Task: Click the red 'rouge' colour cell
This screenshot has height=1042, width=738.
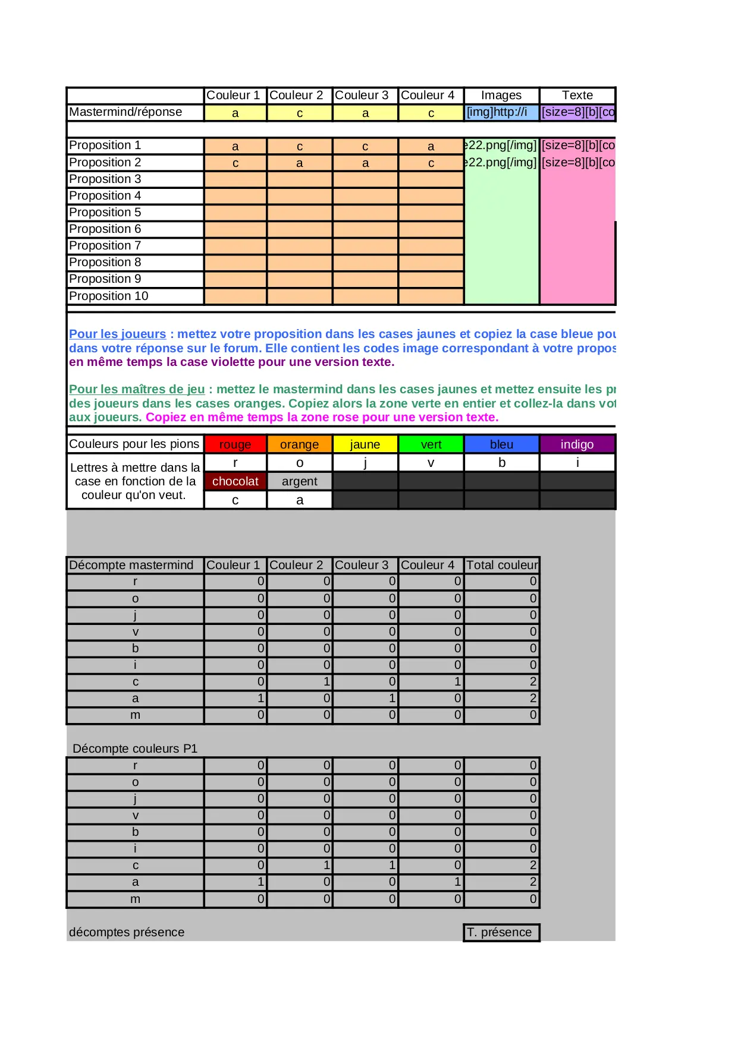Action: click(235, 444)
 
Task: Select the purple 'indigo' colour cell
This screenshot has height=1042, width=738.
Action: click(577, 444)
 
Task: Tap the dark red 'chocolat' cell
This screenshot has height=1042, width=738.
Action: click(235, 481)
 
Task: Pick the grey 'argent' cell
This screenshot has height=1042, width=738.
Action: click(299, 481)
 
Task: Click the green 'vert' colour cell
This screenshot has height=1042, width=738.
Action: click(431, 444)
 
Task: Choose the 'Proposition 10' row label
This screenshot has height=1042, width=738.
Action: click(109, 296)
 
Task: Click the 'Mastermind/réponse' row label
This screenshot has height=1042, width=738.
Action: click(125, 112)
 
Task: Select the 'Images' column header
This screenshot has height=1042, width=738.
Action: click(501, 96)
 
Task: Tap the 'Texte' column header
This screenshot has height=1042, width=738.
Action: click(577, 96)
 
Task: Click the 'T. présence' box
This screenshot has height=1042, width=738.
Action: click(501, 932)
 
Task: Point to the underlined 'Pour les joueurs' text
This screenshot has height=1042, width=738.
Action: click(117, 334)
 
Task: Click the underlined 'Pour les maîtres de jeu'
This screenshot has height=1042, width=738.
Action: click(137, 389)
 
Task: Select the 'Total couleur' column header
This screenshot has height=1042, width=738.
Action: click(501, 565)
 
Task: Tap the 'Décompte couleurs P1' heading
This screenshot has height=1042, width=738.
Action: click(134, 749)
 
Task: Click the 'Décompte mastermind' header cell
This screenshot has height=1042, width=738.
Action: click(131, 565)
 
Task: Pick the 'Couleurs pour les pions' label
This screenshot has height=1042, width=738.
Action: click(134, 444)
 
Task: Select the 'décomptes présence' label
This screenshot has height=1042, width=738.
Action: click(127, 932)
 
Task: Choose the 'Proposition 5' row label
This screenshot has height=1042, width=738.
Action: click(105, 212)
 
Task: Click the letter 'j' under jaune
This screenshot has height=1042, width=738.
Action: click(365, 463)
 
